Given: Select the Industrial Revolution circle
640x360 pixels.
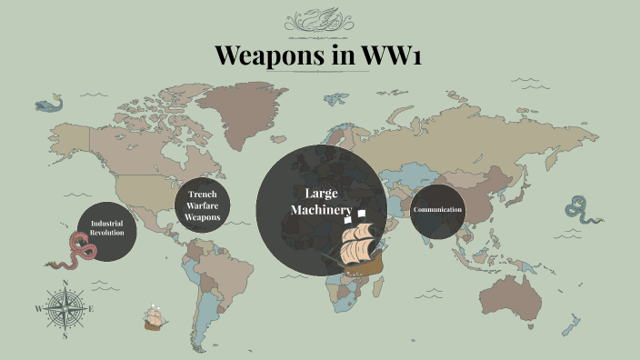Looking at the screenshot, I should pyautogui.click(x=106, y=229).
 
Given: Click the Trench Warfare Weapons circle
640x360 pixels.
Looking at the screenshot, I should pyautogui.click(x=202, y=205).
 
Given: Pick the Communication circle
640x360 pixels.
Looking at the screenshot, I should pyautogui.click(x=437, y=211).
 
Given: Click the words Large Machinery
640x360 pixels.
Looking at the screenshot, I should pyautogui.click(x=320, y=203).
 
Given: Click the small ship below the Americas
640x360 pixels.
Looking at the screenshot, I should pyautogui.click(x=154, y=318).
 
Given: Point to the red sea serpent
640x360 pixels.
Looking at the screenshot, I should pyautogui.click(x=73, y=250).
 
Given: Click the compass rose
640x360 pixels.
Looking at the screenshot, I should pyautogui.click(x=65, y=308).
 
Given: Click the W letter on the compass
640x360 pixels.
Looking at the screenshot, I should pyautogui.click(x=38, y=309).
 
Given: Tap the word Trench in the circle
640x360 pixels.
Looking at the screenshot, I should pyautogui.click(x=202, y=195).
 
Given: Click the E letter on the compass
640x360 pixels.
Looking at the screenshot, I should pyautogui.click(x=91, y=309).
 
